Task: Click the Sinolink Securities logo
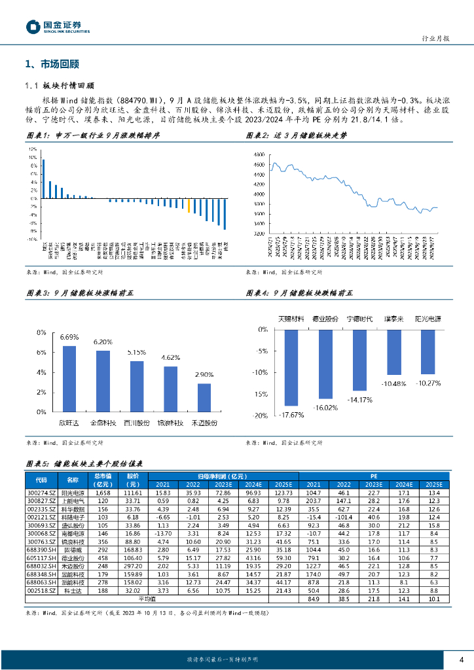58,26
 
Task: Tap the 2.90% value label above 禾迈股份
204,374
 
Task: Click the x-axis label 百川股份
136,423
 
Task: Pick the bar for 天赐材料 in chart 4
291,368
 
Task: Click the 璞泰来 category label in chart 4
393,319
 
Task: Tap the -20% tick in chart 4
260,415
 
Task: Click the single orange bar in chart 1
189,206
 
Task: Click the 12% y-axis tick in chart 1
32,149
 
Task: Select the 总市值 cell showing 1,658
102,491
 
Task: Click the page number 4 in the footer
461,659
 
